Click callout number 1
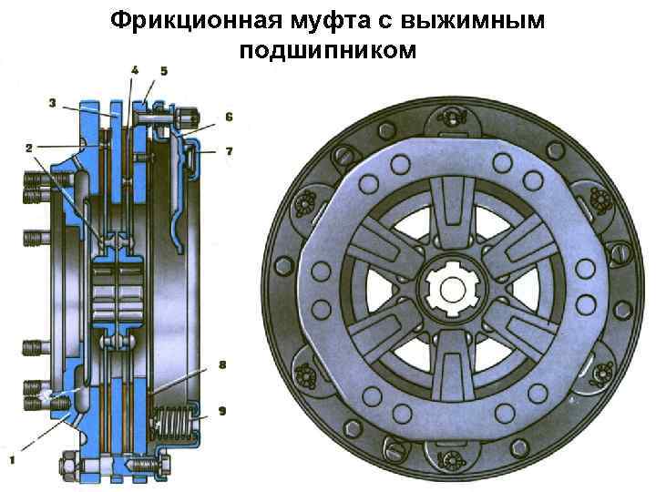click(x=12, y=460)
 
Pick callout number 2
click(x=28, y=149)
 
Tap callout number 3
click(x=52, y=102)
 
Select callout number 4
click(x=134, y=70)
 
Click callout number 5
click(x=164, y=71)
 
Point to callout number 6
click(x=229, y=117)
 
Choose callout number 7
click(x=229, y=151)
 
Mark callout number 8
click(x=222, y=364)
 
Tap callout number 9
click(x=222, y=411)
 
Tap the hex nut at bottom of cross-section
click(x=68, y=466)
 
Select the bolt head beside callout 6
click(x=187, y=118)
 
